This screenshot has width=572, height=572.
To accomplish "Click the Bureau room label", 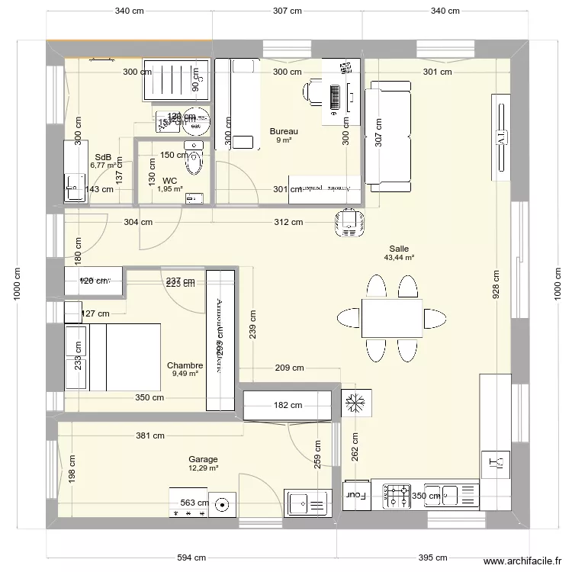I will point(284,131).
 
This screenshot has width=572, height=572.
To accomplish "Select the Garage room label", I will point(204,459).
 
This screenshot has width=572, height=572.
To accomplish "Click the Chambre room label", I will point(185,365).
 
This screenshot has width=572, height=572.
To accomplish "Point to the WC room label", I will point(169,181).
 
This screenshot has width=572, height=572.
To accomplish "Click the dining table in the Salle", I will point(392,318).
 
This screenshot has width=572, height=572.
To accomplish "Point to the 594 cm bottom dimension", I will point(191,558).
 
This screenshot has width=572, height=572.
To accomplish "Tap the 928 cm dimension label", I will point(496,286).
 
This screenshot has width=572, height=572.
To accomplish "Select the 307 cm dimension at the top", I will point(287,11).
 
